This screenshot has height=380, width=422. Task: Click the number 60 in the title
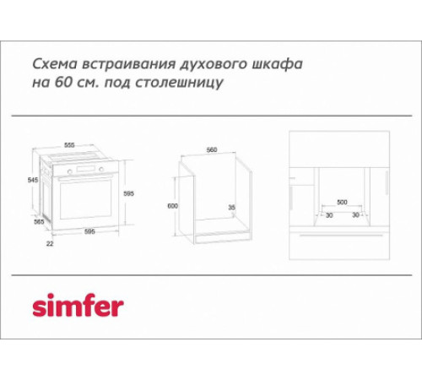click(81, 84)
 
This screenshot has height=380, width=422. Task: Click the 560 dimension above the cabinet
click(211, 149)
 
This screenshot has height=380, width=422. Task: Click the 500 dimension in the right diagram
click(342, 203)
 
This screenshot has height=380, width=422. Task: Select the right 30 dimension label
click(357, 214)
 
